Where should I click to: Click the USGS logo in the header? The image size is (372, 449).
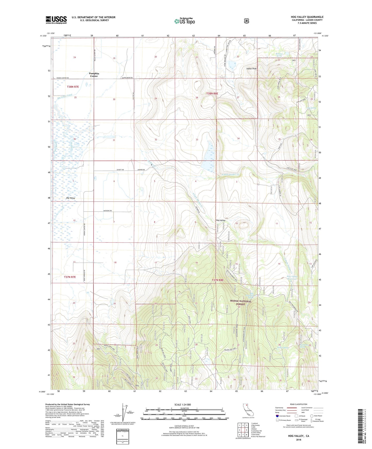56,20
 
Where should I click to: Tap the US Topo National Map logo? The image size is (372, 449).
185,21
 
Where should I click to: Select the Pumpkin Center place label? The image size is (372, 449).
94,75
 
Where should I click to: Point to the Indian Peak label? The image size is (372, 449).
251,69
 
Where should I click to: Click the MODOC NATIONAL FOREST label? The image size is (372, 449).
241,302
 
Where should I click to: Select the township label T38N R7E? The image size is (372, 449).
73,87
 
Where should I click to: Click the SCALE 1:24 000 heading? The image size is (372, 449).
183,405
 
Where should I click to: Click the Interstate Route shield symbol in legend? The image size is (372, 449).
277,416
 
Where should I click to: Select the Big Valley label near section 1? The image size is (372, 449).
71,198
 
